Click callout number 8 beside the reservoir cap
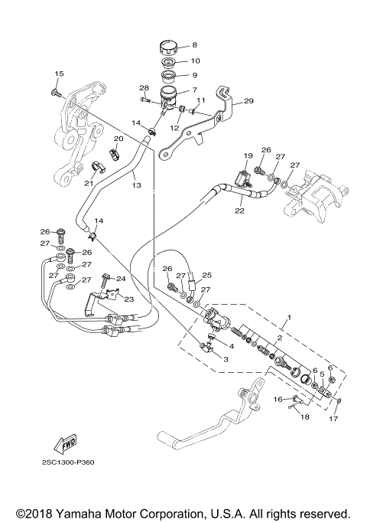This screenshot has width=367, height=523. [194, 45]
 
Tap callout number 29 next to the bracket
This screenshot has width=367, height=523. [247, 100]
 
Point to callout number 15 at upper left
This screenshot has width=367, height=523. [57, 73]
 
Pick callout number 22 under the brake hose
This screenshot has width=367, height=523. [239, 211]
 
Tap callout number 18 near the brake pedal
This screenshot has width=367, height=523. [304, 417]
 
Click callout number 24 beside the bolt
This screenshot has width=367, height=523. [121, 279]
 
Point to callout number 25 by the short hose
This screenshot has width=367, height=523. [206, 274]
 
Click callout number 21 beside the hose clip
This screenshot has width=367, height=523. [89, 183]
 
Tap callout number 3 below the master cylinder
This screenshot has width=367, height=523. [226, 358]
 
